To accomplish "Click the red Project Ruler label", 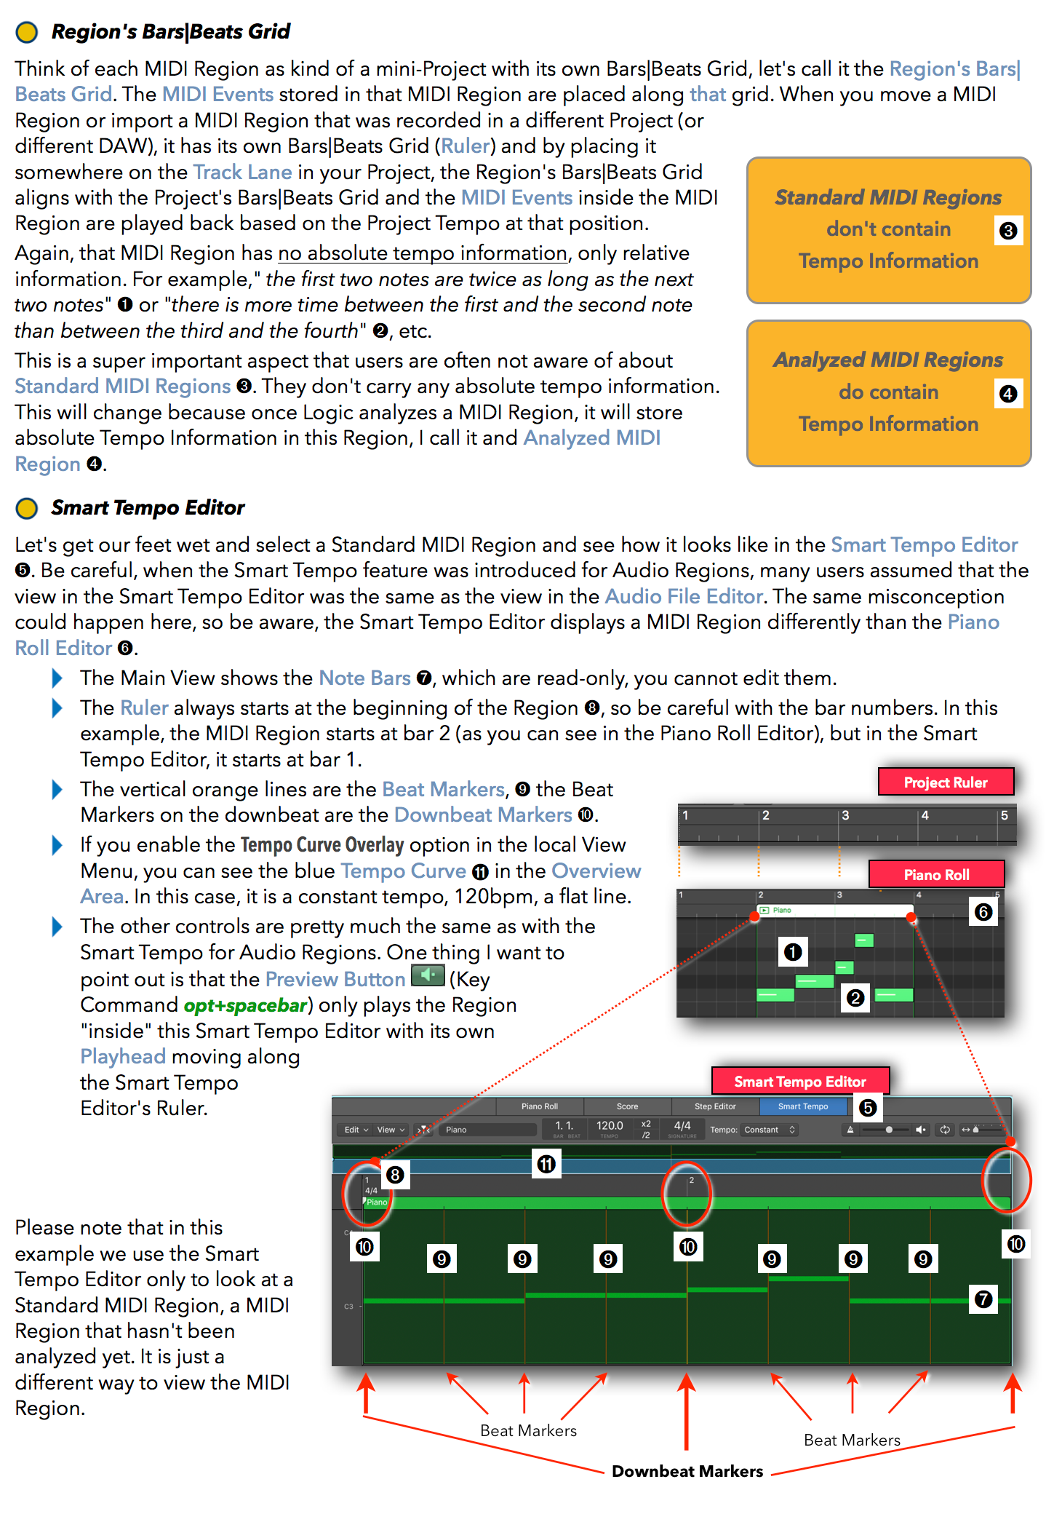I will (x=946, y=782).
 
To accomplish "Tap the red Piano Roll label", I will (x=936, y=874).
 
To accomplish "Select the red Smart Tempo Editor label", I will (x=799, y=1082).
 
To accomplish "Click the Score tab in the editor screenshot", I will (x=627, y=1106).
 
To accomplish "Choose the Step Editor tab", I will (x=715, y=1106).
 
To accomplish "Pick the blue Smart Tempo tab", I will (x=803, y=1106).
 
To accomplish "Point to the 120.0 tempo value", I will (x=610, y=1126).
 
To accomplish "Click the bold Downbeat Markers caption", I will (x=687, y=1471).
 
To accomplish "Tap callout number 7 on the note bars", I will (x=983, y=1299).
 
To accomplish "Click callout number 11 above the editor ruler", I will (x=546, y=1164).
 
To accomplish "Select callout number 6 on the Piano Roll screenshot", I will (x=983, y=912).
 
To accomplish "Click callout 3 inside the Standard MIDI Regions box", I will (x=1008, y=231).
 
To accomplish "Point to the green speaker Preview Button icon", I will (x=428, y=975).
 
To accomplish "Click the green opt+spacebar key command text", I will (x=245, y=1005).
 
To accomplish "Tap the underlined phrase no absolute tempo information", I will (x=423, y=253).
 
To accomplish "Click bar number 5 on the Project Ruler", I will (x=1004, y=815).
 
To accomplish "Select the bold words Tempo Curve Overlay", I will (x=322, y=845).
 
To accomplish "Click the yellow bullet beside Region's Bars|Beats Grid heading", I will (x=27, y=32).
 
